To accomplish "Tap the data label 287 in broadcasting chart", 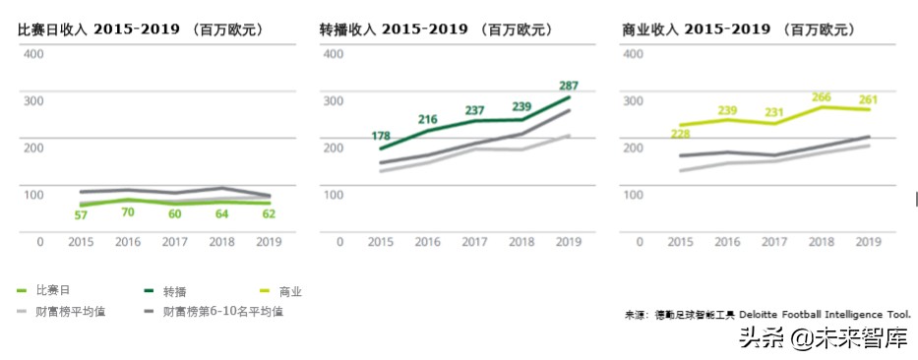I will (569, 86).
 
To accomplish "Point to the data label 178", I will (382, 136).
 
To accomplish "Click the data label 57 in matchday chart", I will (81, 214).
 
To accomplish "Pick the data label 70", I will (127, 211).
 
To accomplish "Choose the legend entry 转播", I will (174, 291).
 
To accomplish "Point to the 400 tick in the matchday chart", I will (32, 52).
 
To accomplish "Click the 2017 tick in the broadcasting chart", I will (475, 241).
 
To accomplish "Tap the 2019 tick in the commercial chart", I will (868, 241).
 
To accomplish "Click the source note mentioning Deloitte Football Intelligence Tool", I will (767, 315).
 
